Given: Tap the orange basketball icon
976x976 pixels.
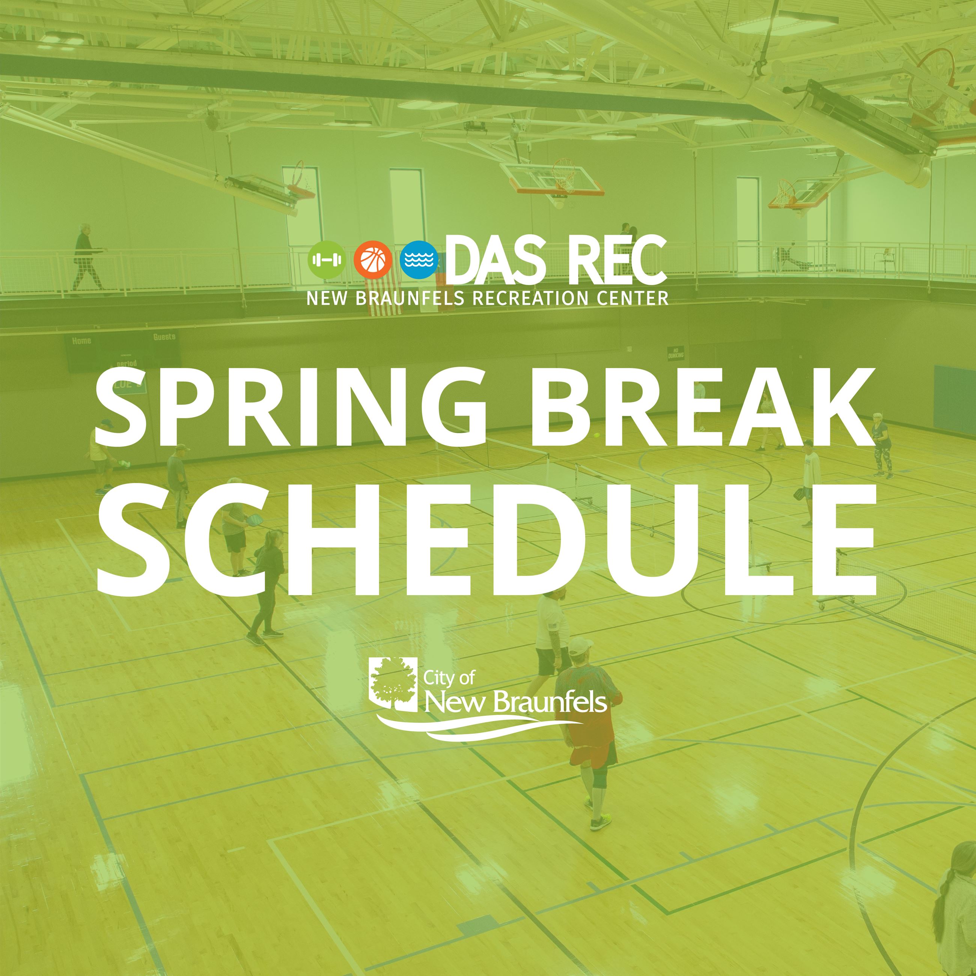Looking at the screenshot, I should pos(373,260).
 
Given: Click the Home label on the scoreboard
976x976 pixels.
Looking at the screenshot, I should pos(81,341).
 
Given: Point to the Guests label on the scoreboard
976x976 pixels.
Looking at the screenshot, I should pos(164,336).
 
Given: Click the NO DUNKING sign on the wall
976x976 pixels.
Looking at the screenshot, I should pos(675,352).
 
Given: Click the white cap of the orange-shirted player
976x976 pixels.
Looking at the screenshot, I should pos(581,645).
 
